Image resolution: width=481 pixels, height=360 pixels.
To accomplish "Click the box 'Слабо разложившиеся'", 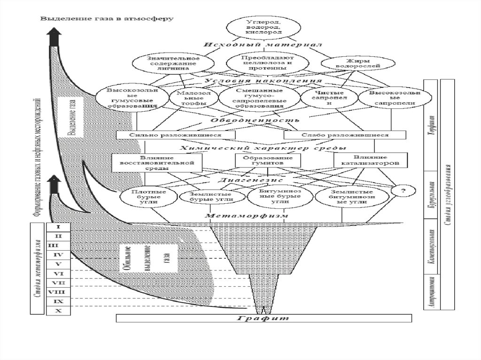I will [345, 135].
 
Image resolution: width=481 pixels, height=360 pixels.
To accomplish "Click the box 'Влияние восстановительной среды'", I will [157, 161].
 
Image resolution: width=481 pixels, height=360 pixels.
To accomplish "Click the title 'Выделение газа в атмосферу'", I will [107, 19].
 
